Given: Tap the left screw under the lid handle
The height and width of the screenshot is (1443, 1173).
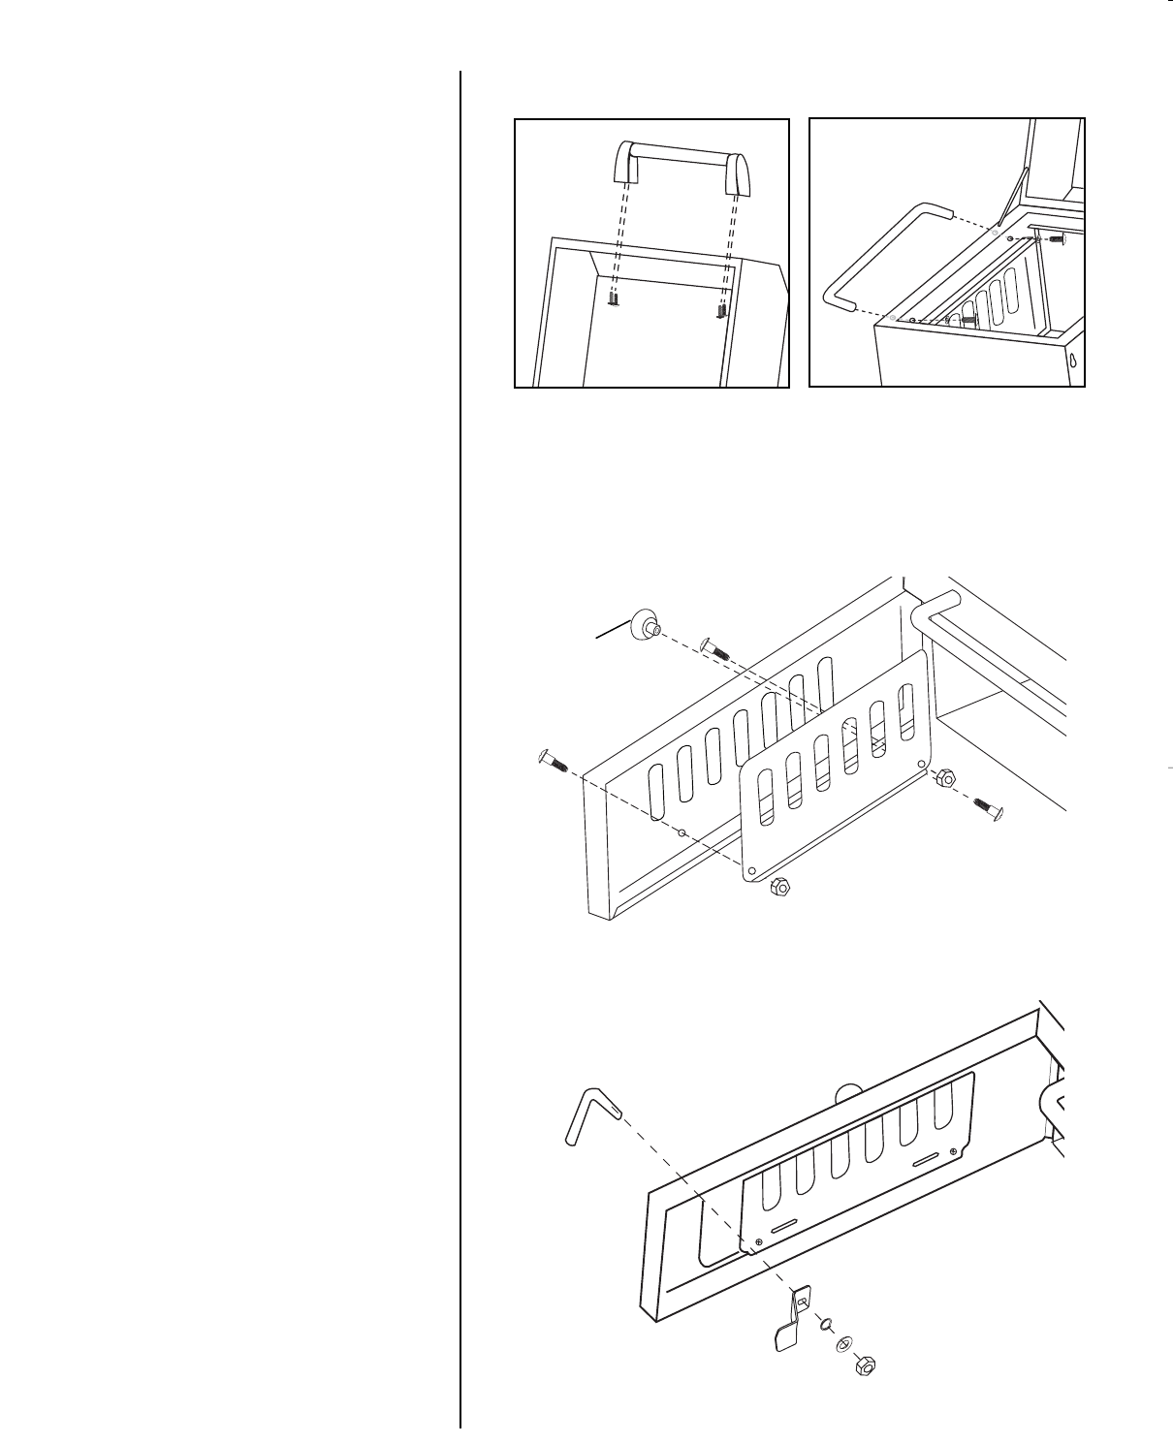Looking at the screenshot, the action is (x=614, y=301).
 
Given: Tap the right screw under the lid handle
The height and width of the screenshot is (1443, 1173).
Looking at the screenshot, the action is (x=720, y=311).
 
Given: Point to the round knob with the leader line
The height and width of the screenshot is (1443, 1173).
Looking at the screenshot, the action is (x=642, y=625).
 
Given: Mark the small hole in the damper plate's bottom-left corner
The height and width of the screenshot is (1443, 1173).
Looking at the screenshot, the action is (x=752, y=866).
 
